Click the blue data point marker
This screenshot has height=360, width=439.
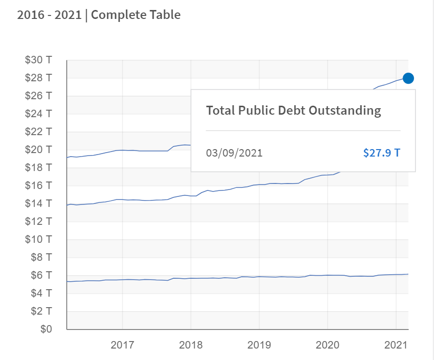408,78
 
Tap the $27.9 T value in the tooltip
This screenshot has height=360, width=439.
381,153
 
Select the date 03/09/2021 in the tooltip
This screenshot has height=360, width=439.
234,153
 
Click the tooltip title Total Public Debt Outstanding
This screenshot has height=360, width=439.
293,110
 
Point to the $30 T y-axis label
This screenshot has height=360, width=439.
38,60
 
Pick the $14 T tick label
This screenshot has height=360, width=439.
38,203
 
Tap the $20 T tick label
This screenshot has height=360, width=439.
38,150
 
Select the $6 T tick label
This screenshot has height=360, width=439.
41,275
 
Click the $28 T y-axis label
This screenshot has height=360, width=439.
38,78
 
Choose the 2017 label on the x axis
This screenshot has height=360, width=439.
122,345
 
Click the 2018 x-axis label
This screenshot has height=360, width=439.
191,345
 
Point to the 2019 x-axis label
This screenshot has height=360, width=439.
259,345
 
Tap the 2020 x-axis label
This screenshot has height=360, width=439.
327,345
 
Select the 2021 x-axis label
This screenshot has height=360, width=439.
396,345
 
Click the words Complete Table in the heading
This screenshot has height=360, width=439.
136,15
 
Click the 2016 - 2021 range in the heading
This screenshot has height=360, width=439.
49,15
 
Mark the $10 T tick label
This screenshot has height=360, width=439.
38,239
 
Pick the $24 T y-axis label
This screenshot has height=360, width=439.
38,114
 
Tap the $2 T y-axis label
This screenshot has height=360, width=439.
41,311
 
